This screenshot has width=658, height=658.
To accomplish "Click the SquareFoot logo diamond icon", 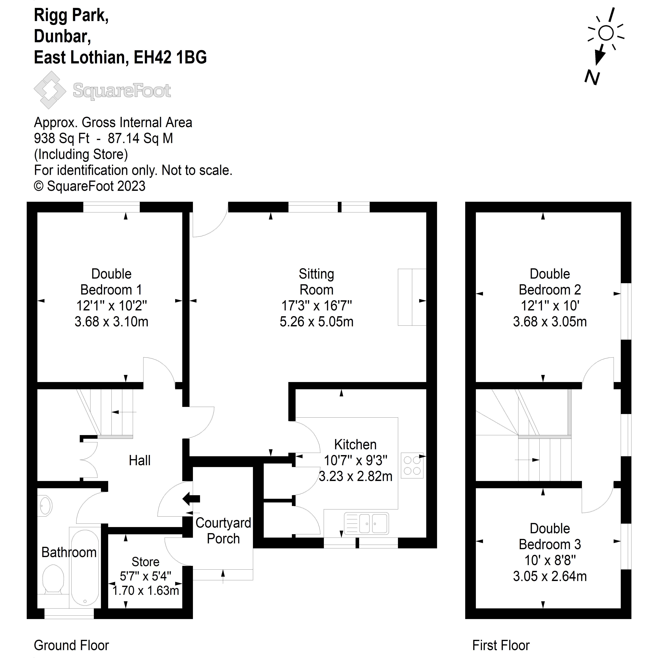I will tap(50, 90).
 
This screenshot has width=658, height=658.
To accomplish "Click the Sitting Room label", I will tap(316, 282).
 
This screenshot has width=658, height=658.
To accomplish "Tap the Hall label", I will tap(140, 460).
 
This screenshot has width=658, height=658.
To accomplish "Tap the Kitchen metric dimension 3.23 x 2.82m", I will tap(356, 476).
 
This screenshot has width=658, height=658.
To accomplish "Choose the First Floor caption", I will tap(501, 645).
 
